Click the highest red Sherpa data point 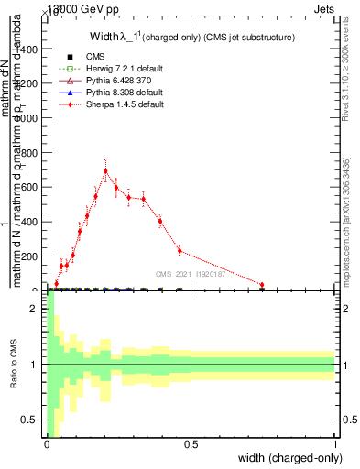click(x=106, y=170)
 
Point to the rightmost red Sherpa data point click(x=262, y=285)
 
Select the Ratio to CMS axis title click(x=14, y=365)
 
